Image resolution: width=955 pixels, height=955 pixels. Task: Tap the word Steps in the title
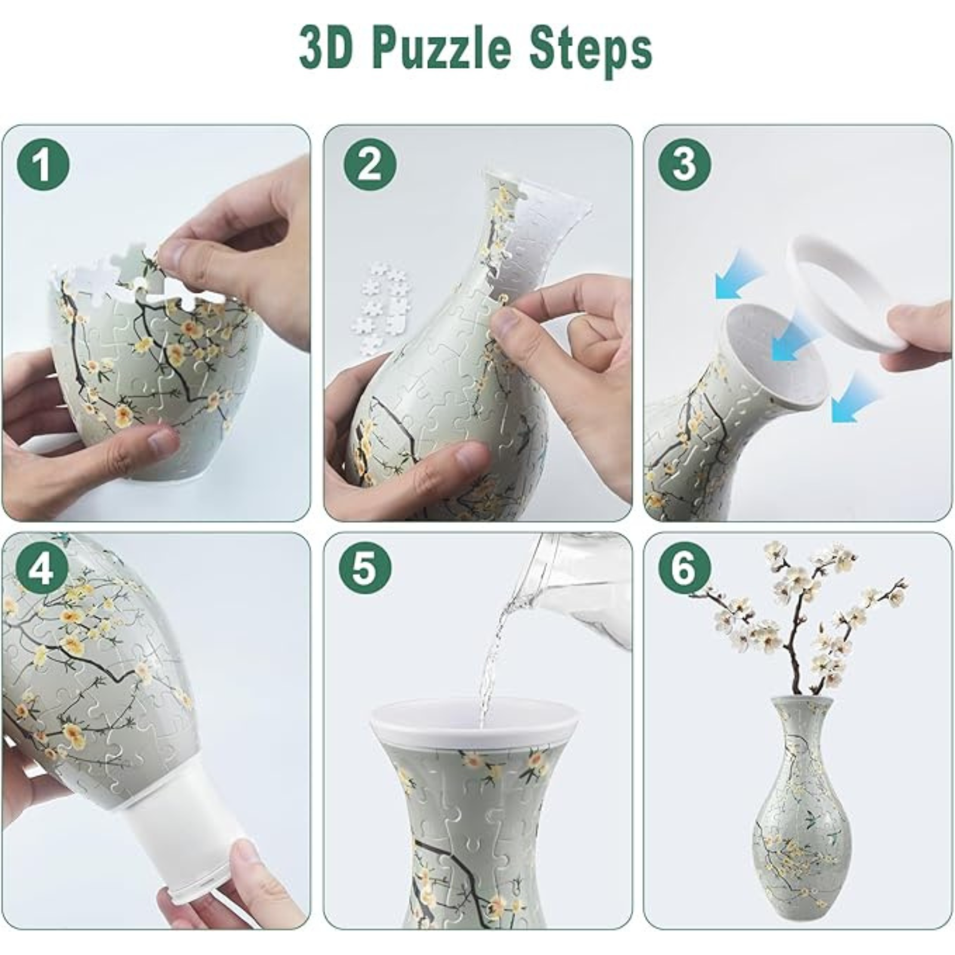pyautogui.click(x=592, y=50)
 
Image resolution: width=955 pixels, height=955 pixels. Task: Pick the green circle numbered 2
pyautogui.click(x=370, y=164)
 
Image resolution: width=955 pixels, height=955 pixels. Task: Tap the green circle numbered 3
pyautogui.click(x=685, y=164)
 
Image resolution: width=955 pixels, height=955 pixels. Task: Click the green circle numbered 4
pyautogui.click(x=42, y=569)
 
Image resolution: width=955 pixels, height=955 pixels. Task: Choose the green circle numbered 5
pyautogui.click(x=365, y=569)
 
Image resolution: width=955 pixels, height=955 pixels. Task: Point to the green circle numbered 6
pyautogui.click(x=685, y=569)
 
